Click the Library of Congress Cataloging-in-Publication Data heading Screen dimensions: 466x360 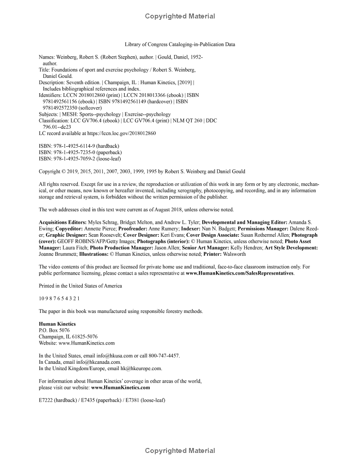coord(180,44)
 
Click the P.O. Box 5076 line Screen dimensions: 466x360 coord(54,330)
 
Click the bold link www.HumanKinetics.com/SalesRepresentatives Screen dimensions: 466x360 coord(240,273)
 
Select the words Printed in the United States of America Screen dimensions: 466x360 coord(80,285)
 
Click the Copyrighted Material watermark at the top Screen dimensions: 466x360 coord(180,16)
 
